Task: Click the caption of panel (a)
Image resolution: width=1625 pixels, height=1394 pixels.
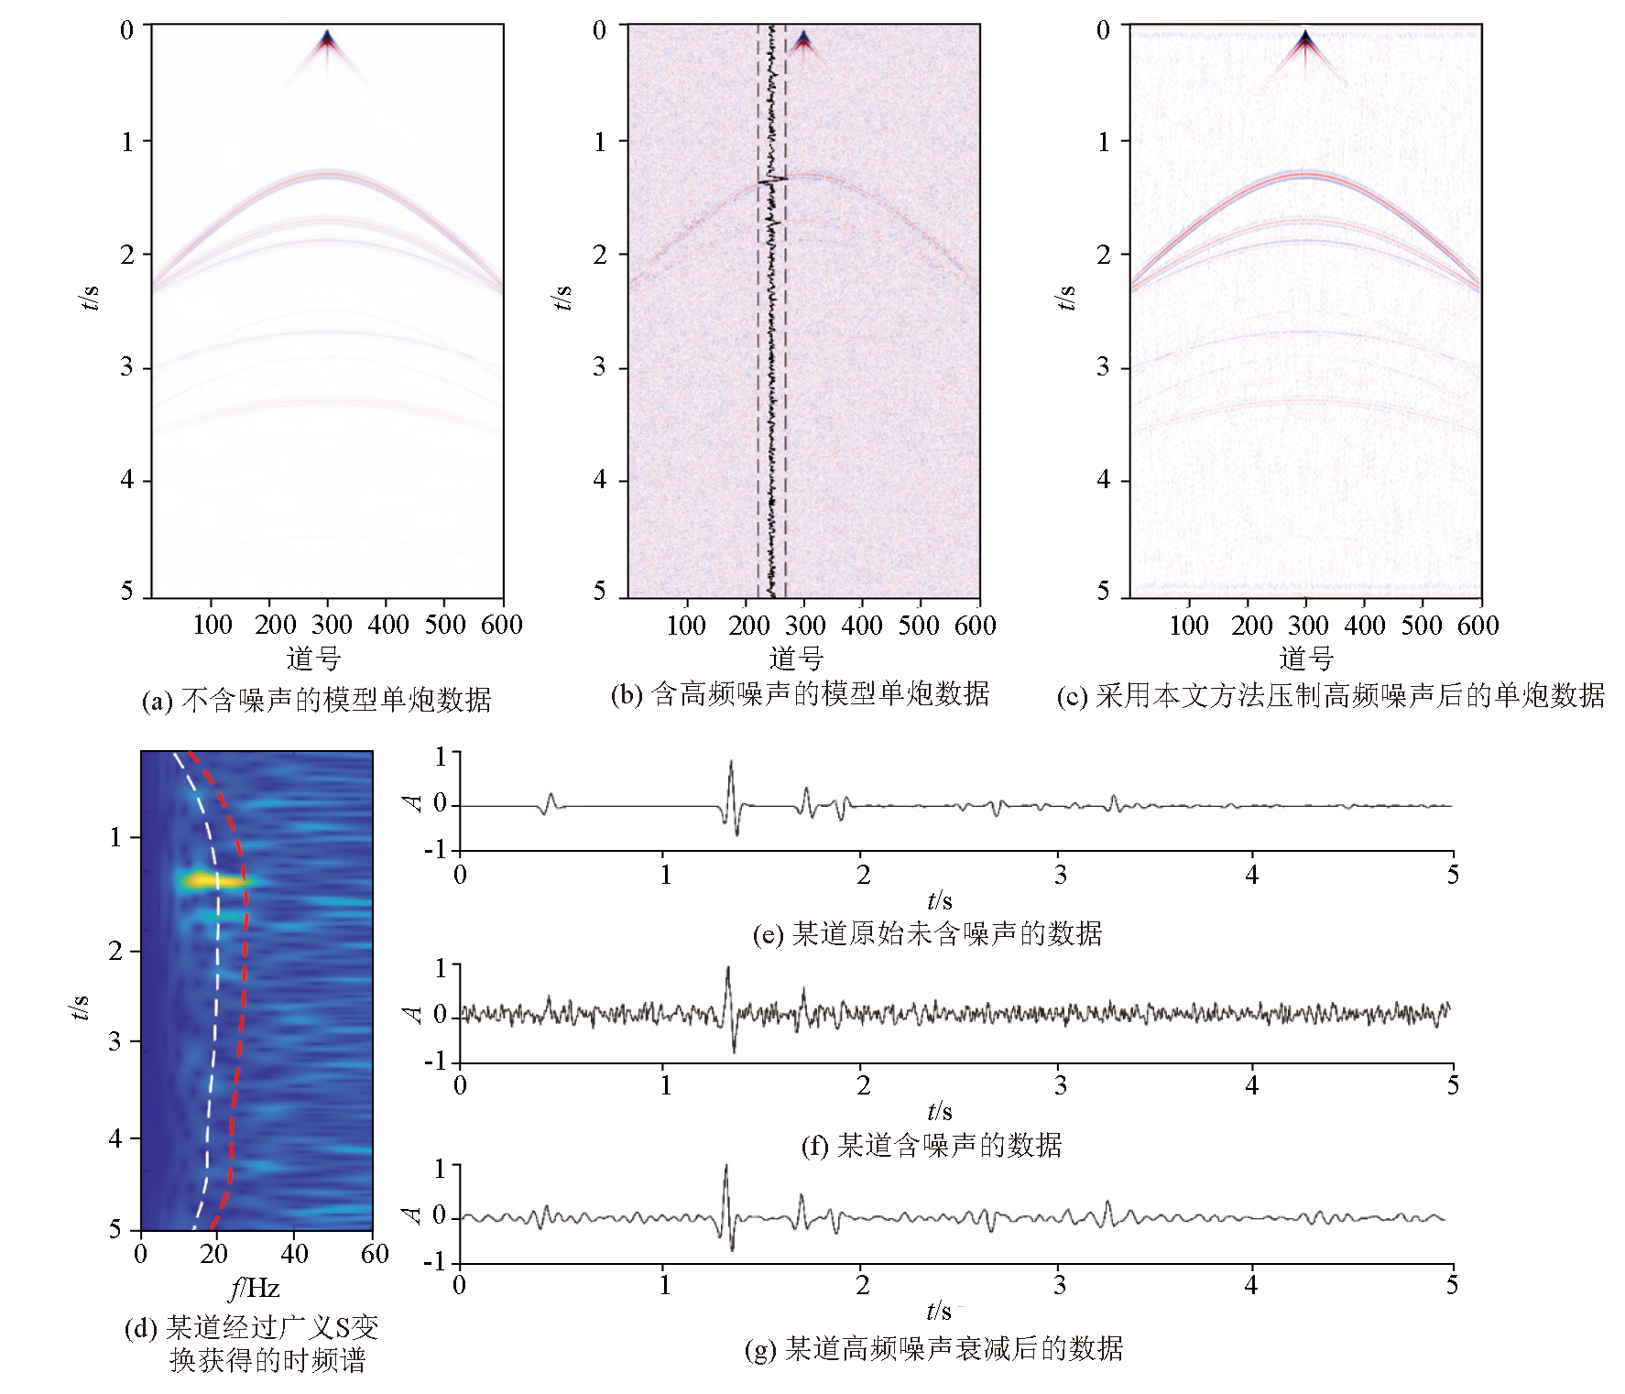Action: pos(317,700)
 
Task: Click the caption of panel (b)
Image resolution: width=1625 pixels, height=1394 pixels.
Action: pos(800,694)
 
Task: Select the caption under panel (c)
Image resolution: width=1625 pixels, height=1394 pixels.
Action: pos(1330,696)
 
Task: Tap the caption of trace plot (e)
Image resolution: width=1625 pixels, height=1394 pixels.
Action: pos(927,933)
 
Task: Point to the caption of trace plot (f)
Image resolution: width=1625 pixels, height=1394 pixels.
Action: pos(932,1145)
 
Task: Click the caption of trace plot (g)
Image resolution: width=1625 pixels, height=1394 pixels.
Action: pos(933,1348)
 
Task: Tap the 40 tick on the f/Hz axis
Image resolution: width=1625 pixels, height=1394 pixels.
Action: pos(294,1254)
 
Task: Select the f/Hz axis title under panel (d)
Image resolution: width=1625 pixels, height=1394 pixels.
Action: pos(255,1289)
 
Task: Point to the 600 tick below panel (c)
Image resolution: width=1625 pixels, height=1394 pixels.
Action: pos(1477,626)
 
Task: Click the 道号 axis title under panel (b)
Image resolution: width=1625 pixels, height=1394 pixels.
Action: pos(796,658)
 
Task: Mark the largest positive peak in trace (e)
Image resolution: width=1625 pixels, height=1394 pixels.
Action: pos(730,763)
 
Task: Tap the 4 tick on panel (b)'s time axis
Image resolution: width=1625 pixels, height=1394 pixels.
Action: pos(600,480)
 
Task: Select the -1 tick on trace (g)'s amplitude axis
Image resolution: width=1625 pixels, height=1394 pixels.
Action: pos(439,1262)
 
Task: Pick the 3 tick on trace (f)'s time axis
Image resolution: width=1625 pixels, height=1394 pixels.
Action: pos(1060,1086)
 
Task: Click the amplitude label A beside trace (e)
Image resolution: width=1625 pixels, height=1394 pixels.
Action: pos(414,803)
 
